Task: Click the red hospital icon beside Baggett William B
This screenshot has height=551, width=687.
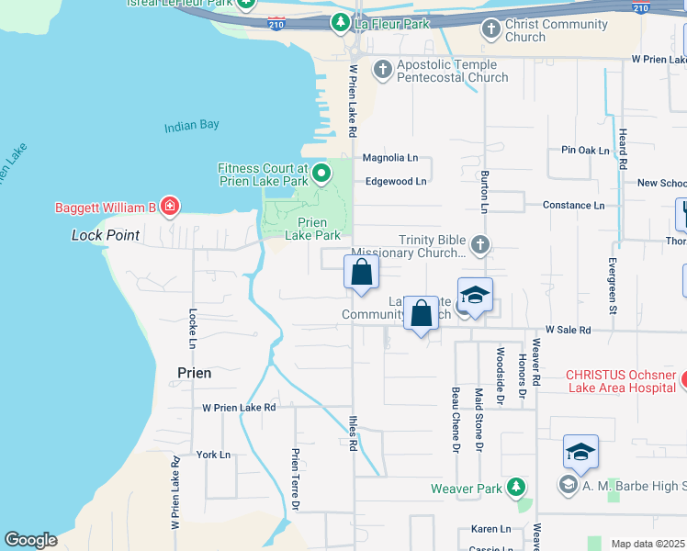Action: tap(169, 207)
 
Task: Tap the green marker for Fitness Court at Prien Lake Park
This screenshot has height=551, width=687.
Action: tap(321, 173)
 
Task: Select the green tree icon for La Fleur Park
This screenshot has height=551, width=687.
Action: tap(341, 21)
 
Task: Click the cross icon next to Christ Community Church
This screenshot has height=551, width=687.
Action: tap(491, 29)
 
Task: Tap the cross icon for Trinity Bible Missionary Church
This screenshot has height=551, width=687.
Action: tap(479, 245)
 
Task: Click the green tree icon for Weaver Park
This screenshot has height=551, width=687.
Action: tap(517, 488)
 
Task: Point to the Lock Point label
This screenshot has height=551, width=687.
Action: tap(106, 236)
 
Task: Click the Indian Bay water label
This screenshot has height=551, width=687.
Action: tap(192, 126)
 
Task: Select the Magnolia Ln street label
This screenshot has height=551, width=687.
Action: tap(390, 158)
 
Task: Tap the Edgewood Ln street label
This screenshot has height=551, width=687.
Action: tap(396, 181)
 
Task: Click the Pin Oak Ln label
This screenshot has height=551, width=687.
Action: tap(585, 150)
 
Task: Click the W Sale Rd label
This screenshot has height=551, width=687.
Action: tap(568, 329)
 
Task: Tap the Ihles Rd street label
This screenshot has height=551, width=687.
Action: tap(353, 433)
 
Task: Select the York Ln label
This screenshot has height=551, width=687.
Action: tap(213, 455)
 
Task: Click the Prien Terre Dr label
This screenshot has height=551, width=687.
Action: tap(296, 478)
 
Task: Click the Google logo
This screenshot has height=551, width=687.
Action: tap(31, 540)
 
